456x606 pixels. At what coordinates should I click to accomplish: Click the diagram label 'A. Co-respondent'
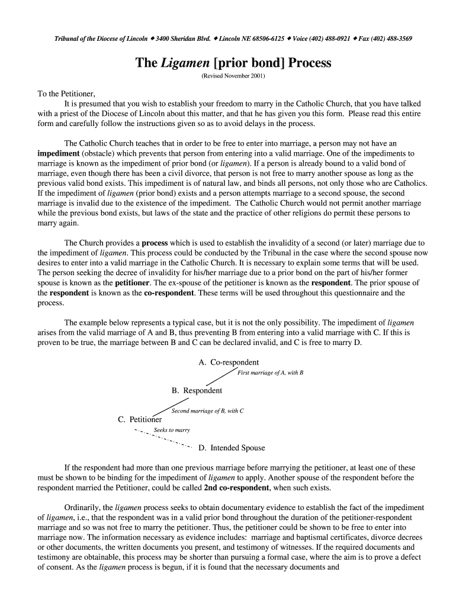(x=229, y=362)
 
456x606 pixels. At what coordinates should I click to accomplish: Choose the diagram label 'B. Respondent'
(x=197, y=391)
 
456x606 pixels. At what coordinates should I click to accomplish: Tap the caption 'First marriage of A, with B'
(x=270, y=373)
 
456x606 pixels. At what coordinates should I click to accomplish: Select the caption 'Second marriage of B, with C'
(x=207, y=411)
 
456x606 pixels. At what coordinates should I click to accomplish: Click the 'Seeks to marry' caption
(x=172, y=430)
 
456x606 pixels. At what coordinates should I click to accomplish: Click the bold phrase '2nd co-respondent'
(x=236, y=488)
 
